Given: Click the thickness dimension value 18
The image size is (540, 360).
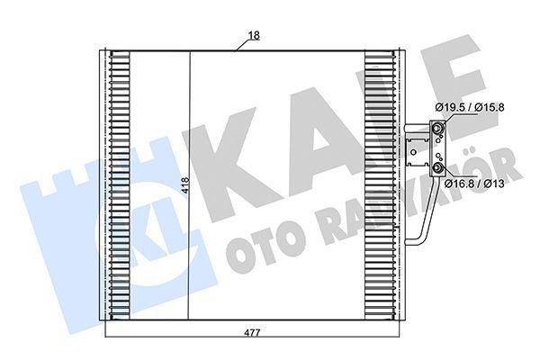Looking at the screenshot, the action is tap(254, 35).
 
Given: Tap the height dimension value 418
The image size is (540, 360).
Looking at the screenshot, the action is tap(185, 185).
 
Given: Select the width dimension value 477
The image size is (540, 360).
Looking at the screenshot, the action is tap(253, 332).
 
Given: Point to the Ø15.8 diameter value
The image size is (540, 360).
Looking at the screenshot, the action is tap(489, 107).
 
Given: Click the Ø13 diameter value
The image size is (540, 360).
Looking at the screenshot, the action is tap(494, 184).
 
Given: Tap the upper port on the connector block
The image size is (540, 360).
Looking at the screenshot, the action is tap(437, 130).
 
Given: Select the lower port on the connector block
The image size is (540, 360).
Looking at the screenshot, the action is tap(437, 168).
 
